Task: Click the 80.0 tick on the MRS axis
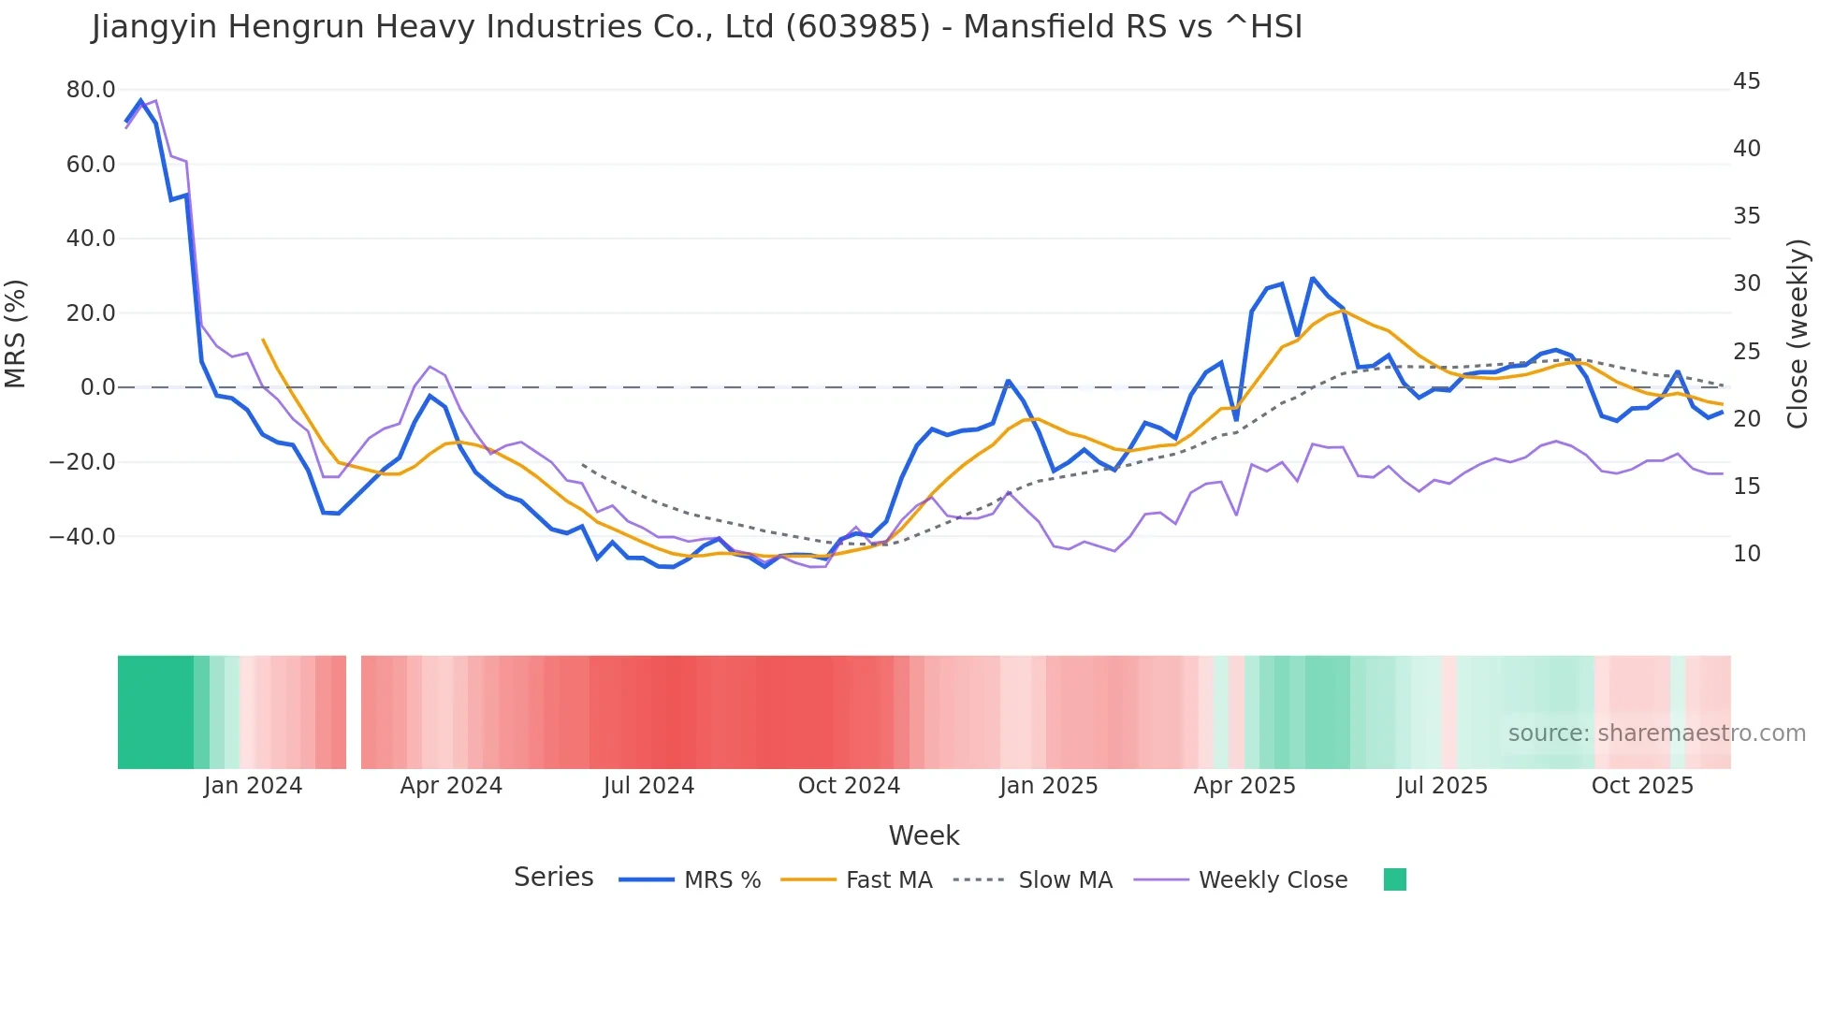tap(90, 90)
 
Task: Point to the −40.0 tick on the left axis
tap(82, 537)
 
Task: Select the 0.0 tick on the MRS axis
tap(97, 387)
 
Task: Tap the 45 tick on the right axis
tap(1746, 81)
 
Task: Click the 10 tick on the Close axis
tap(1746, 554)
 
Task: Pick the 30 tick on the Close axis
tap(1746, 283)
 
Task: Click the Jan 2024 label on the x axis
tap(253, 786)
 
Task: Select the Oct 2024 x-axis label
tap(849, 786)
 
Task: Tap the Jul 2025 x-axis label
tap(1442, 786)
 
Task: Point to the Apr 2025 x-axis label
tap(1244, 786)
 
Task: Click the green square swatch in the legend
tap(1394, 879)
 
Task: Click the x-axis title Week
tap(924, 835)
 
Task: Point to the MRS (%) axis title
tap(16, 333)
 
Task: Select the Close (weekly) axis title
tap(1797, 333)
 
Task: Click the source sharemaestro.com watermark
tap(1656, 733)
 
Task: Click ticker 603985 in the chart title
tap(857, 27)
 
